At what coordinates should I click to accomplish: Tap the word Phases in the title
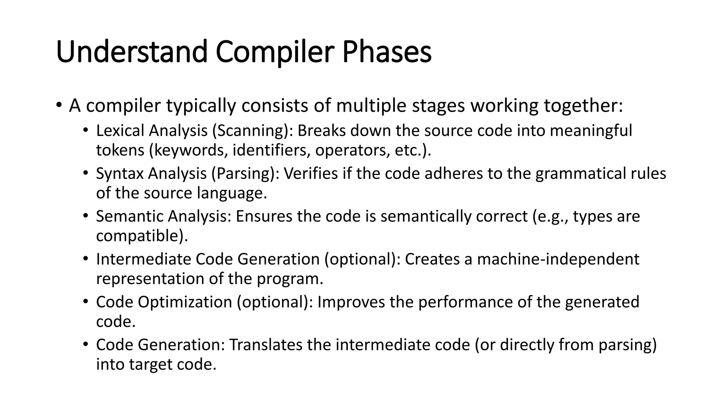(x=387, y=52)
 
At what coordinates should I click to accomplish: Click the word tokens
(x=120, y=151)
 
